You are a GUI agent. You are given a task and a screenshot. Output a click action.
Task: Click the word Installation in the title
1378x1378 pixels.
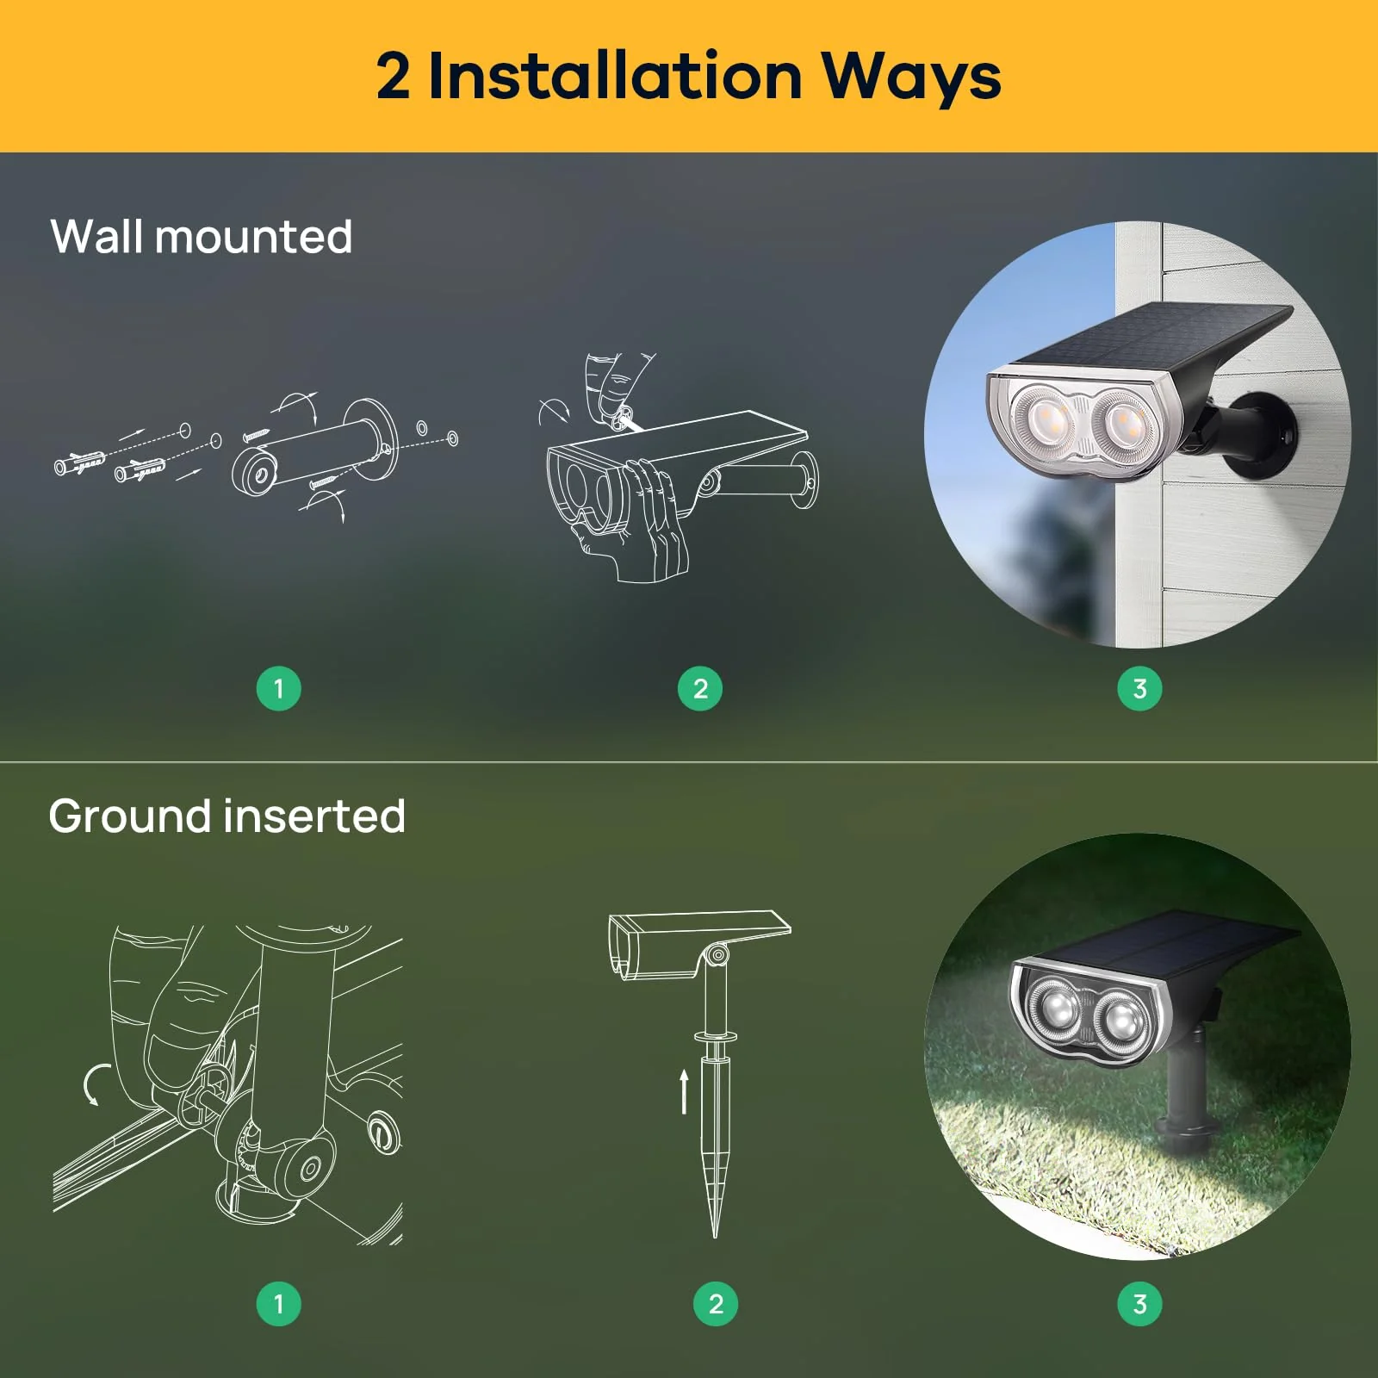(x=614, y=76)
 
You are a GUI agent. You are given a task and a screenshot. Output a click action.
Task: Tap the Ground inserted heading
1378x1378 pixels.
(x=227, y=816)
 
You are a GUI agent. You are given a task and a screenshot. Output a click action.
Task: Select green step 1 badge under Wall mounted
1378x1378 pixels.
(x=278, y=688)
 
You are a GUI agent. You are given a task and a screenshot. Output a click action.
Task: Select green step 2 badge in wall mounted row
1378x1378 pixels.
(x=699, y=688)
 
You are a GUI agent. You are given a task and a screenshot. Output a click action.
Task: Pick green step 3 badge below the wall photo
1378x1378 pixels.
(x=1139, y=688)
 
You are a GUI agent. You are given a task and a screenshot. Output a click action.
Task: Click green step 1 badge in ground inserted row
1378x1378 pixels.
(x=278, y=1303)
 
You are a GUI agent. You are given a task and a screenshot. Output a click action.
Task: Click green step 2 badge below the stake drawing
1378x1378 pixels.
(x=715, y=1303)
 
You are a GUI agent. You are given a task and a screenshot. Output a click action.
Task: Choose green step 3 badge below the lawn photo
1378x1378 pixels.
(x=1139, y=1303)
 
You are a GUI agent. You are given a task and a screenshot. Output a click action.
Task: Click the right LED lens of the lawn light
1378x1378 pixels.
(x=1122, y=1022)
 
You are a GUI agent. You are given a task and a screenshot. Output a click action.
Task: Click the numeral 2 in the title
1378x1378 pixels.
(x=393, y=78)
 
